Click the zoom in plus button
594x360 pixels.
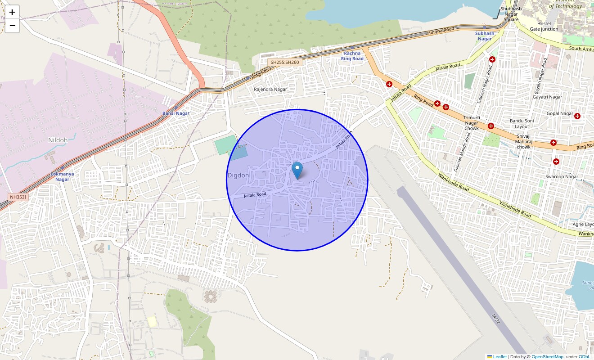coord(12,12)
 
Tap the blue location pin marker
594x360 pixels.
coord(297,171)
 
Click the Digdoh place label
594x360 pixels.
coord(238,175)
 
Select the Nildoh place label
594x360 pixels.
coord(58,140)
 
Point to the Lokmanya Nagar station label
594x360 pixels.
coord(62,176)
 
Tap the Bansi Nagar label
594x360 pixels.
coord(175,113)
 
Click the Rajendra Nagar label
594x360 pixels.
coord(270,89)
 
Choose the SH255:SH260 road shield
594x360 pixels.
coord(284,62)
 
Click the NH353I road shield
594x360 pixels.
coord(19,197)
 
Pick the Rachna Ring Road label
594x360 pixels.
coord(352,56)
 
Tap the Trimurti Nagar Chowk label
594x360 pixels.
coord(471,123)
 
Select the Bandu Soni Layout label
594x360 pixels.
coord(522,124)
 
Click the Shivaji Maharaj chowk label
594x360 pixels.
coord(523,142)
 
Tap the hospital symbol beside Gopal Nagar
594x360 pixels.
coord(577,116)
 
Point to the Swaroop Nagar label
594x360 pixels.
coord(562,177)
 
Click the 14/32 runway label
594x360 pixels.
coord(496,319)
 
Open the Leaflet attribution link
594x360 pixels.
coord(499,356)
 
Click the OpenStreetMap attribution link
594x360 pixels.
coord(547,356)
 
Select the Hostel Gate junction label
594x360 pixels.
coord(544,26)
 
